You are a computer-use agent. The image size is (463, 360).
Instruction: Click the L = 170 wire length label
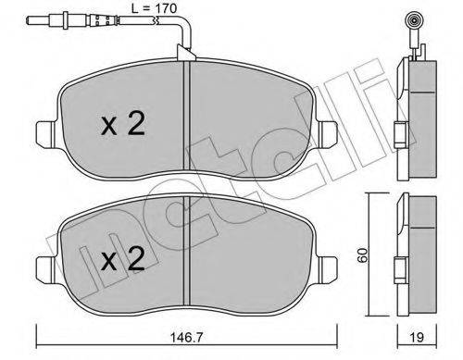pyautogui.click(x=154, y=8)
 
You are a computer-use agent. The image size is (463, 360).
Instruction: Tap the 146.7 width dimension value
pyautogui.click(x=187, y=338)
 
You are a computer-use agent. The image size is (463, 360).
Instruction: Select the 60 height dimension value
pyautogui.click(x=363, y=254)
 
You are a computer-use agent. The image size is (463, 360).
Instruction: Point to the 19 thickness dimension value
pyautogui.click(x=417, y=338)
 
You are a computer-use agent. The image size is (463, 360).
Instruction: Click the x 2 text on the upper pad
pyautogui.click(x=123, y=124)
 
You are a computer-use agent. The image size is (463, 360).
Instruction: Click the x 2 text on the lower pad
pyautogui.click(x=123, y=259)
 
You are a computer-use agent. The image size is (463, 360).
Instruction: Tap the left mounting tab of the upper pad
pyautogui.click(x=47, y=134)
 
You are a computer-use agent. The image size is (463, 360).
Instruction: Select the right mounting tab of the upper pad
pyautogui.click(x=328, y=134)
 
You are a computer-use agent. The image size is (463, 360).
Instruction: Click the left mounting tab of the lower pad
pyautogui.click(x=47, y=269)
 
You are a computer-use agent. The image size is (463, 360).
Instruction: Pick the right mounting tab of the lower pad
pyautogui.click(x=328, y=269)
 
